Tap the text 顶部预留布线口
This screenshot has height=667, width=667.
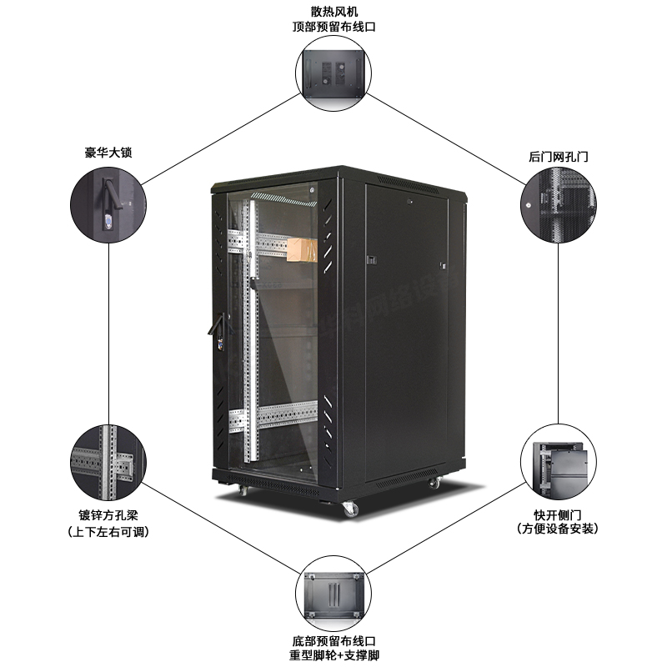pos(333,27)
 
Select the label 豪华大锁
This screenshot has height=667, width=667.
pos(108,153)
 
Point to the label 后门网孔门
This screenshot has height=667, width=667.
pos(558,156)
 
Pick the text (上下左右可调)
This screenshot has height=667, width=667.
pos(108,531)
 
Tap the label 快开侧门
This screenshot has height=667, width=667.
pos(558,514)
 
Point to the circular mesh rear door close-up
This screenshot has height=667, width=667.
pos(558,205)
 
